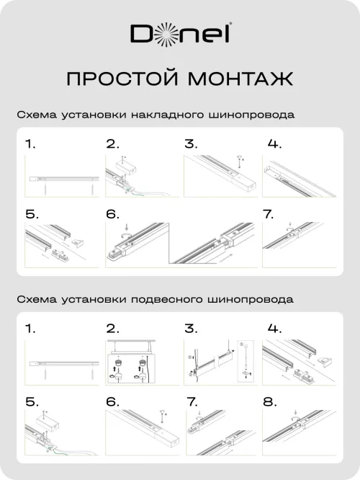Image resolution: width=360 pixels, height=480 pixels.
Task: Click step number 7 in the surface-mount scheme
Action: (x=269, y=214)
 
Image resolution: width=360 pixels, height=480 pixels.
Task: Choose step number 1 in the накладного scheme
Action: (x=30, y=143)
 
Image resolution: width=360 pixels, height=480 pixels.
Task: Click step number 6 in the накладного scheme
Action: (x=112, y=214)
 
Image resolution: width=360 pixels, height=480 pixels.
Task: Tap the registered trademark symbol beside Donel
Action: (x=228, y=27)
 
